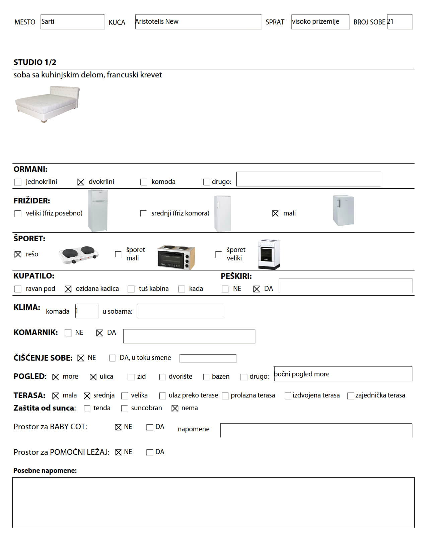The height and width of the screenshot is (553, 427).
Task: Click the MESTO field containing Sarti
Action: [72, 22]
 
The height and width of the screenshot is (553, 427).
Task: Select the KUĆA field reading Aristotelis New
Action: [198, 22]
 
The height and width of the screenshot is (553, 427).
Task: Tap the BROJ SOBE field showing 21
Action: [399, 22]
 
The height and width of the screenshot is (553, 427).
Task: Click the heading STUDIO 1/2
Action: [35, 62]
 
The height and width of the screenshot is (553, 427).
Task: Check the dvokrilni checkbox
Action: [81, 182]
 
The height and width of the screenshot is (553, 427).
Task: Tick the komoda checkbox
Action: [143, 182]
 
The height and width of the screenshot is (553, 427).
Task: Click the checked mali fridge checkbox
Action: [275, 213]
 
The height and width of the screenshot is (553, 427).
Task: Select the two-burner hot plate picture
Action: [79, 255]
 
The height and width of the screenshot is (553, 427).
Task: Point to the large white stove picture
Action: [269, 254]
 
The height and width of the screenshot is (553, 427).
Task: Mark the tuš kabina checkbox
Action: [131, 289]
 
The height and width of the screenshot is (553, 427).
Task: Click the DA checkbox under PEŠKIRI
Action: [257, 289]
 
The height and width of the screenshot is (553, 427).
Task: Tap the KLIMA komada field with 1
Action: [86, 311]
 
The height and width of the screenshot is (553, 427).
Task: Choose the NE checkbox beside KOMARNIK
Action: [68, 333]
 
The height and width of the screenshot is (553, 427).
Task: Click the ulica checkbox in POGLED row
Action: [93, 377]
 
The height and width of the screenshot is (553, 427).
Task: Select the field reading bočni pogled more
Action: [343, 374]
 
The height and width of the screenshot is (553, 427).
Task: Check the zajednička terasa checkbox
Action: [351, 396]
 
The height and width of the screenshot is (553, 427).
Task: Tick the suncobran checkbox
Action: [125, 408]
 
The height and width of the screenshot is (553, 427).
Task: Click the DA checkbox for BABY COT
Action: [150, 427]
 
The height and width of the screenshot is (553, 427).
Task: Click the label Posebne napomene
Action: [45, 471]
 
